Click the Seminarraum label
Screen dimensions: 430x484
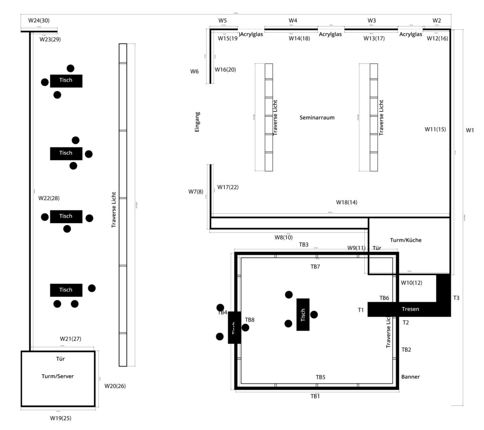click(317, 118)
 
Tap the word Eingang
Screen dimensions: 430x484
click(197, 121)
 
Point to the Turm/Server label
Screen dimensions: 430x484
click(58, 376)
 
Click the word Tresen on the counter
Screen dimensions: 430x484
click(410, 309)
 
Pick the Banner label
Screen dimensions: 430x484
click(410, 377)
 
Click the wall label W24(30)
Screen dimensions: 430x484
click(39, 20)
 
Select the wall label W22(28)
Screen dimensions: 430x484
click(49, 198)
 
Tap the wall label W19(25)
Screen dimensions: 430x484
click(60, 418)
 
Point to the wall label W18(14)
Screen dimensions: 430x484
click(346, 202)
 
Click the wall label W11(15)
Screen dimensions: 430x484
click(435, 129)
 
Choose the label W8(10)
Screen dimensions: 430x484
click(284, 237)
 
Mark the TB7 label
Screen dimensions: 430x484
click(315, 267)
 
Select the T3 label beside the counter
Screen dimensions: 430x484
click(456, 298)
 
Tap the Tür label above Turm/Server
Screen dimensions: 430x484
click(60, 359)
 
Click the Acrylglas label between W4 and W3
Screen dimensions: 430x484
click(330, 34)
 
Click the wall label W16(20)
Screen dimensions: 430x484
click(225, 69)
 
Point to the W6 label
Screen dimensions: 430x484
click(194, 71)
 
